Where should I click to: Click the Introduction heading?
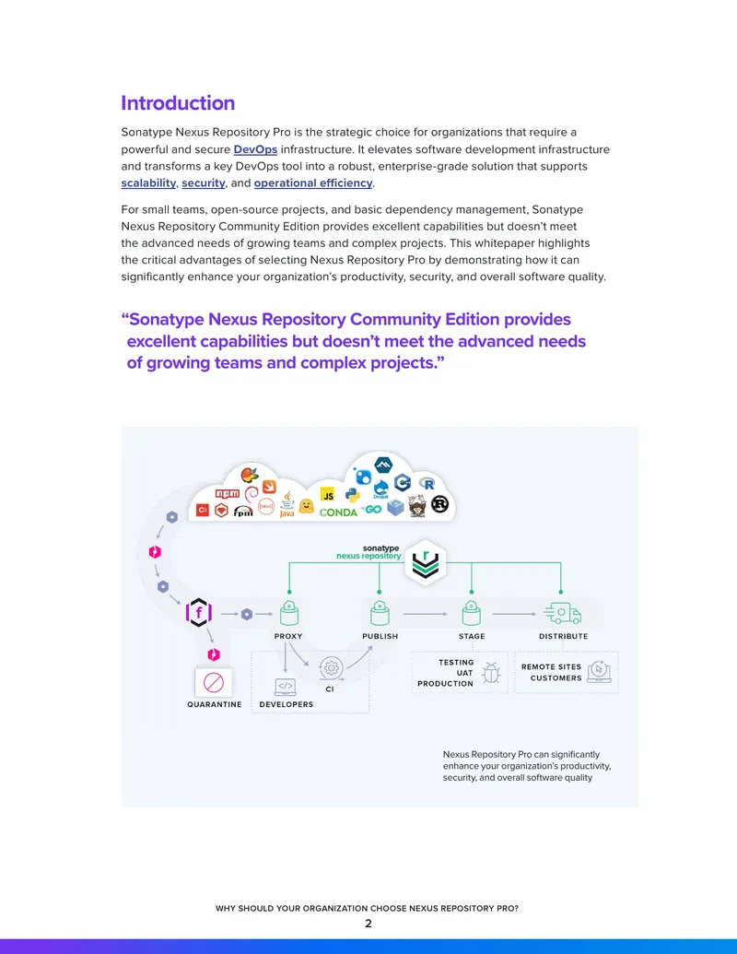178,103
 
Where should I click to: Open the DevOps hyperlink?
255,149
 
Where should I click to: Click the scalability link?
148,183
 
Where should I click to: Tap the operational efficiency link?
313,183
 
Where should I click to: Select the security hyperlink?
203,183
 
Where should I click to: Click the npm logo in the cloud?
228,493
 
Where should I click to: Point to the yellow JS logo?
328,495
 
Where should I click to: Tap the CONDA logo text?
338,512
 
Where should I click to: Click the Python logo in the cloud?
352,495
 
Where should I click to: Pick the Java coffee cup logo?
287,504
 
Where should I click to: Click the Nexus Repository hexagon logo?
426,562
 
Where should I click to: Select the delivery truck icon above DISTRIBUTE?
563,613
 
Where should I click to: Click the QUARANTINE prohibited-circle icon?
214,683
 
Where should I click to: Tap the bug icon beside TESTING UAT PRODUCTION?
491,672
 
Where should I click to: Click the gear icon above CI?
331,668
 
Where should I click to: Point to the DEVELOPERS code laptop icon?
286,687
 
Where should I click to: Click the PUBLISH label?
380,636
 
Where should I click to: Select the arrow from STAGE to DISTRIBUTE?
514,614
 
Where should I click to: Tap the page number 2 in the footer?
368,924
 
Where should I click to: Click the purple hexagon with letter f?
199,612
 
